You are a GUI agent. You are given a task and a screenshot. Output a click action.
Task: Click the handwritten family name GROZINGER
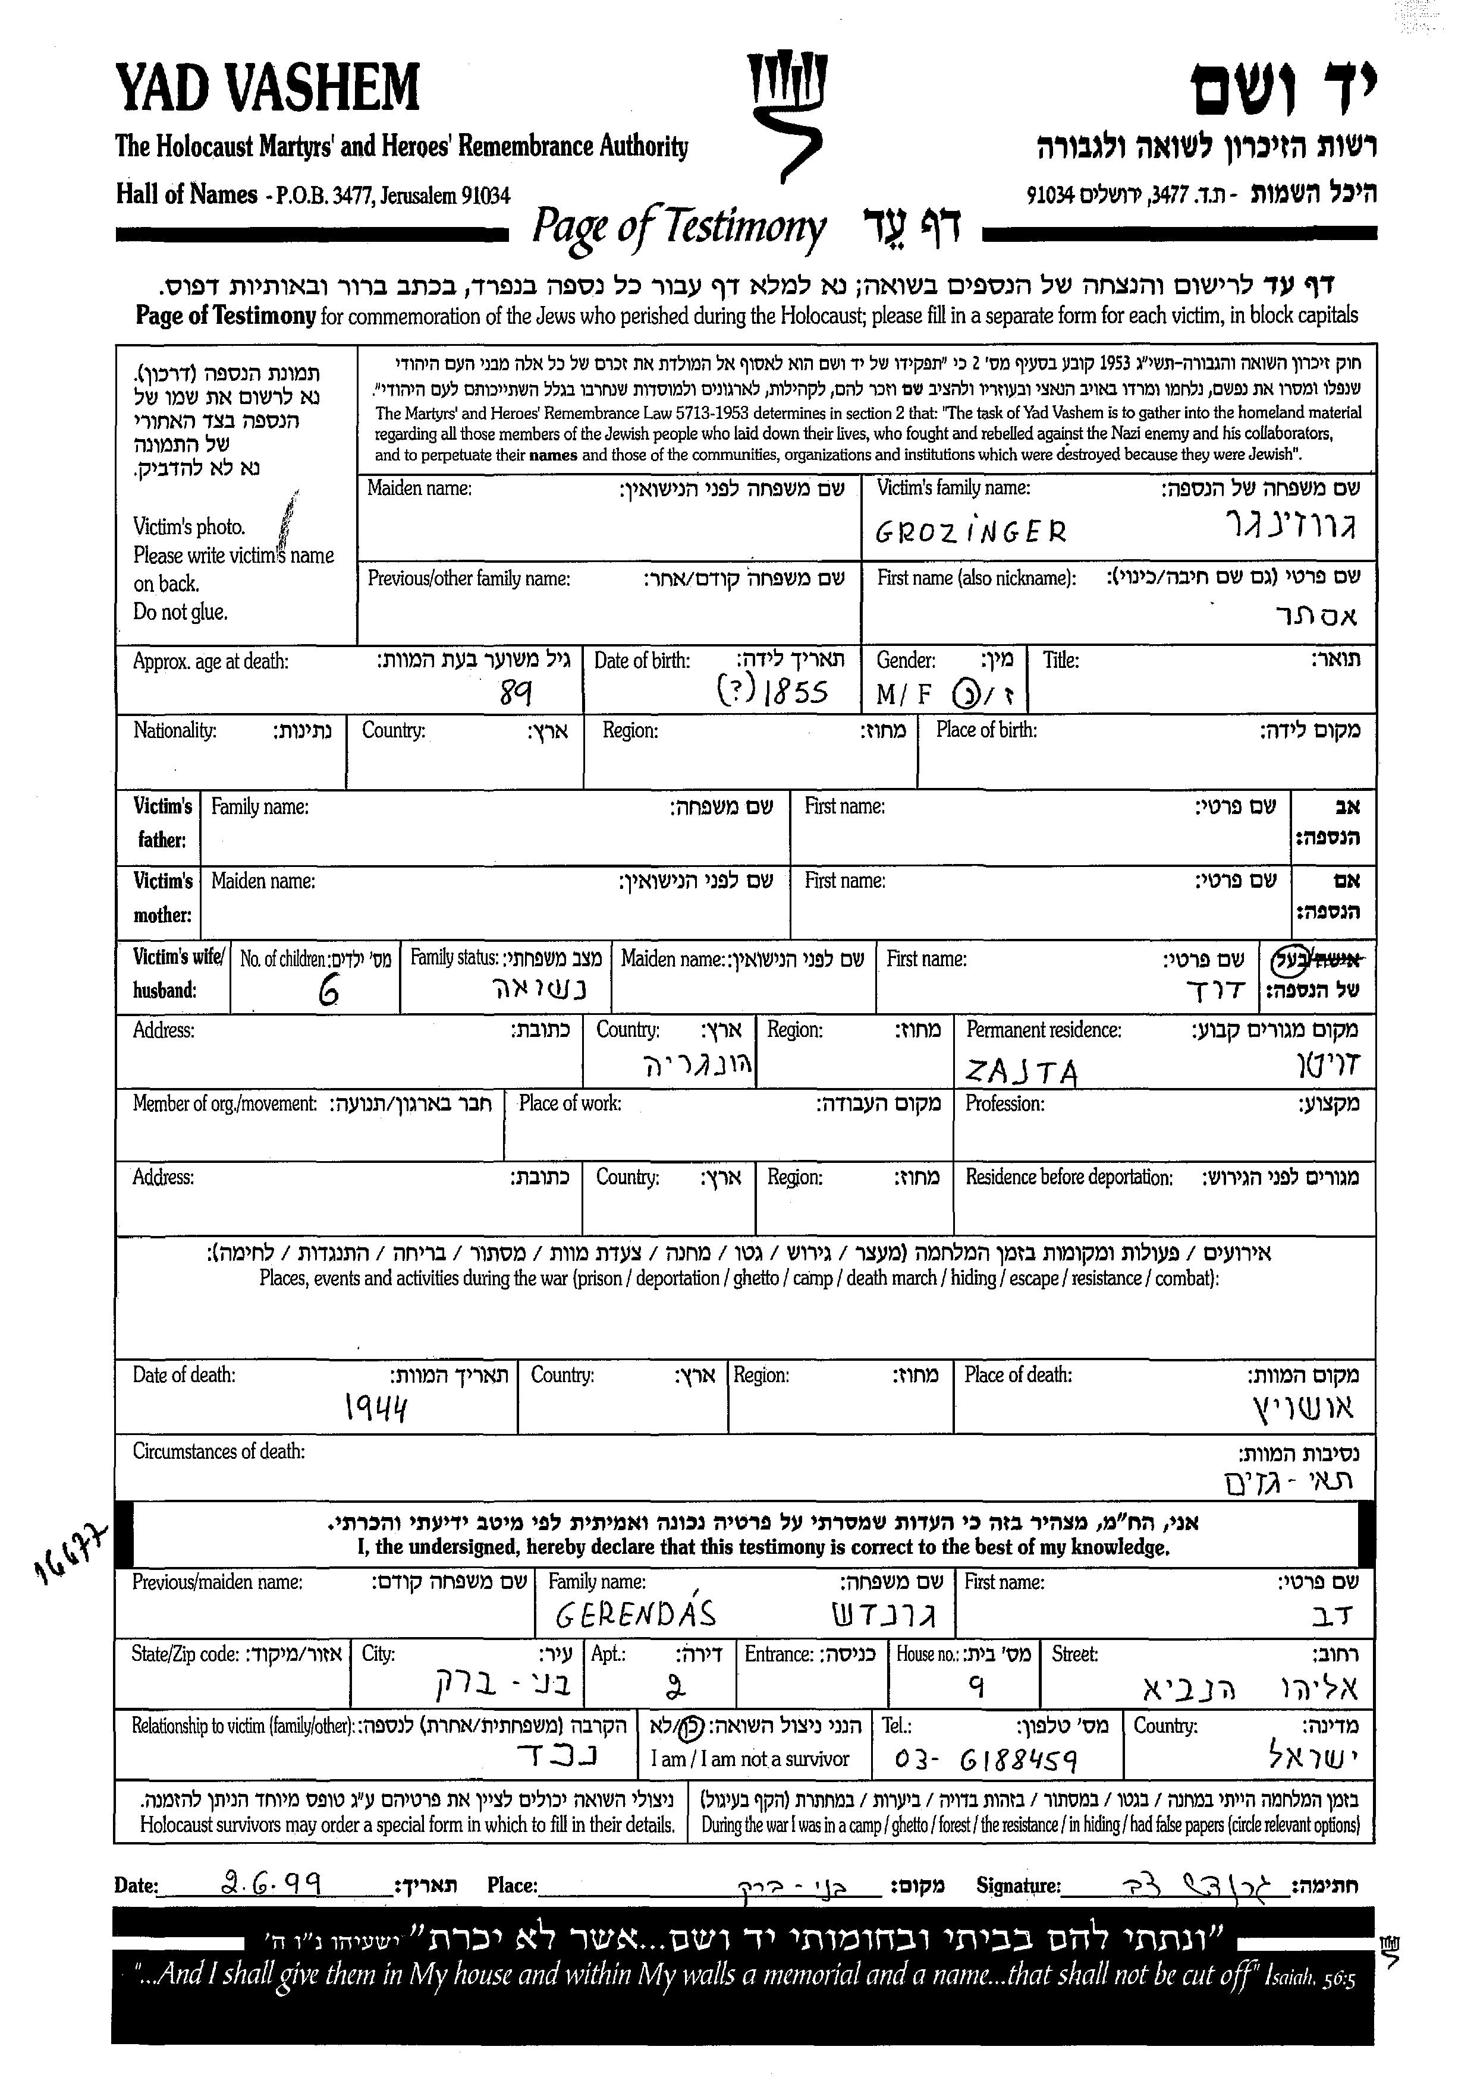[970, 531]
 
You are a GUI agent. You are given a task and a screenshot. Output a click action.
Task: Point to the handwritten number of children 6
[328, 994]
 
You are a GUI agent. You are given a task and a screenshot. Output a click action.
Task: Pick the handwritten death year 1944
[376, 1408]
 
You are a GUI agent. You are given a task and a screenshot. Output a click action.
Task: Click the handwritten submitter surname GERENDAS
[636, 1613]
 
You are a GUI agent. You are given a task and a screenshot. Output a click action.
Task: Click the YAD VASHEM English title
[268, 87]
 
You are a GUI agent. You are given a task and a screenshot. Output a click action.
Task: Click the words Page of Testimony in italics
[678, 227]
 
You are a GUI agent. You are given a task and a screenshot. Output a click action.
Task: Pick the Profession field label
[1004, 1103]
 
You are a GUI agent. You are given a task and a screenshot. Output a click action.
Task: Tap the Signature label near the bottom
[1018, 1885]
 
